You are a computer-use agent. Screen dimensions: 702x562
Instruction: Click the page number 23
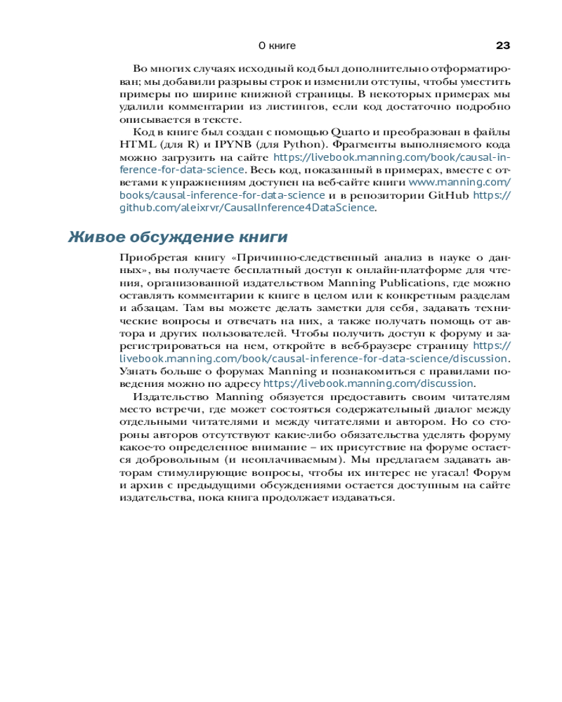point(502,46)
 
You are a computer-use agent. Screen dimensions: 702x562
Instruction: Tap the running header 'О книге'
point(277,46)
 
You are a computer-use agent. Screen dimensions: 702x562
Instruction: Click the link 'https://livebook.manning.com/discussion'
point(368,384)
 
